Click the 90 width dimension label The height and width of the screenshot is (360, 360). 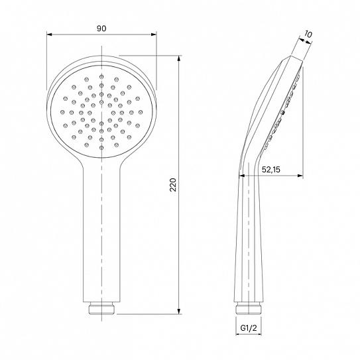(101, 29)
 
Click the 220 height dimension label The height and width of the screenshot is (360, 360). (173, 185)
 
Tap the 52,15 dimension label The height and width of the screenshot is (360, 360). (271, 170)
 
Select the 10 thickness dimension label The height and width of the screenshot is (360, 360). (308, 34)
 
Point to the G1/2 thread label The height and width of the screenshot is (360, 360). (249, 328)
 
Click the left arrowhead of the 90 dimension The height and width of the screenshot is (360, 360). (49, 34)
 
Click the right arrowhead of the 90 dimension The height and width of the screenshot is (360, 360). (154, 34)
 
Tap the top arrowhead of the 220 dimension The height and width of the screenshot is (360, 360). (179, 58)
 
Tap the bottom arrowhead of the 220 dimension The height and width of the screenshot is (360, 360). (179, 311)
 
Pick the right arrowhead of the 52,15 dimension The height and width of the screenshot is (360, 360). (300, 176)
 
